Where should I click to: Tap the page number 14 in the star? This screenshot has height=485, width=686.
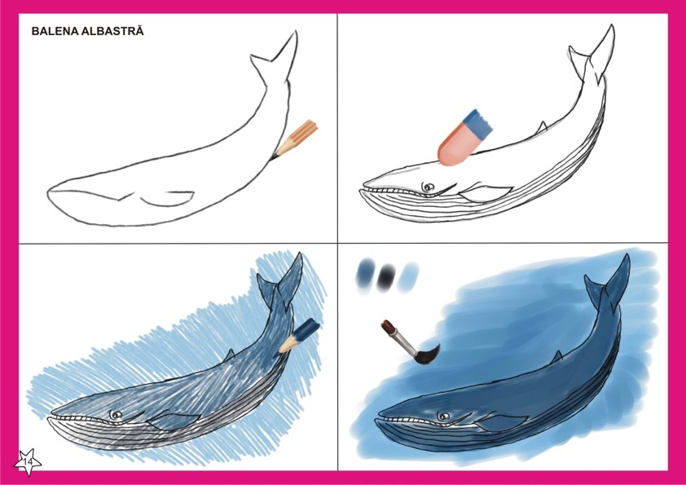(x=28, y=462)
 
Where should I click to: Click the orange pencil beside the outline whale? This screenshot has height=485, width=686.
(x=295, y=139)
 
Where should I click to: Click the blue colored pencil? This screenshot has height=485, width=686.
(x=300, y=336)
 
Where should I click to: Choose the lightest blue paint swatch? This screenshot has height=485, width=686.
(x=408, y=277)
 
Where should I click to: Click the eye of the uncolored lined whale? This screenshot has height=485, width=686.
(x=428, y=187)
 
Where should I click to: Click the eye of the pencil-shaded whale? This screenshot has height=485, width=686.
(x=116, y=415)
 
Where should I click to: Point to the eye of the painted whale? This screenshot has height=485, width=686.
(x=445, y=416)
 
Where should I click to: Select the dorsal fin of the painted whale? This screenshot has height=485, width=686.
(x=556, y=357)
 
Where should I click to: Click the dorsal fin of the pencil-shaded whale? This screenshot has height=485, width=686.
(x=229, y=355)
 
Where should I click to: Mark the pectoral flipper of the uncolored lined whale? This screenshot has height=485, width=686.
(x=486, y=193)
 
